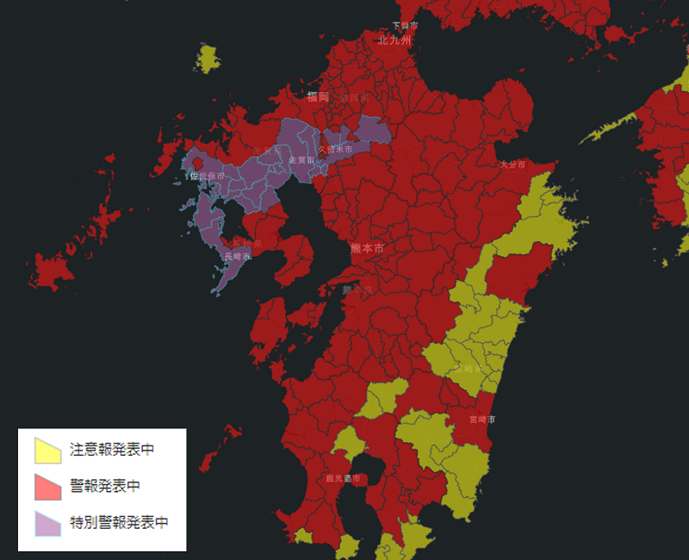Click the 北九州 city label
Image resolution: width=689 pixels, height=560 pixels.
point(394,40)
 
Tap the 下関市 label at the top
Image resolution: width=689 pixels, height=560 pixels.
point(405,26)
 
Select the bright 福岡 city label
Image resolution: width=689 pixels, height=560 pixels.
point(318,97)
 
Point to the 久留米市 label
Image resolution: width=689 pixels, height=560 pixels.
point(335,150)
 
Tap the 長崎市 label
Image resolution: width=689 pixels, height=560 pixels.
point(237,257)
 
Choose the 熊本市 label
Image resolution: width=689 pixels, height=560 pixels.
point(367,248)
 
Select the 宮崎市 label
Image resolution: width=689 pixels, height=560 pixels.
point(482,419)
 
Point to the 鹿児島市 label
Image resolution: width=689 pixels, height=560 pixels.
point(343,478)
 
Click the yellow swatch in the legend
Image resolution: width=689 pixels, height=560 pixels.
point(47,450)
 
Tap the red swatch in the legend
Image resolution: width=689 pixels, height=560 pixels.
point(47,487)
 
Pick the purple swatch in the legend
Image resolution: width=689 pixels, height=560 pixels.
point(47,523)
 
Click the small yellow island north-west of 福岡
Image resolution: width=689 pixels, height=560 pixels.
point(208,59)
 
